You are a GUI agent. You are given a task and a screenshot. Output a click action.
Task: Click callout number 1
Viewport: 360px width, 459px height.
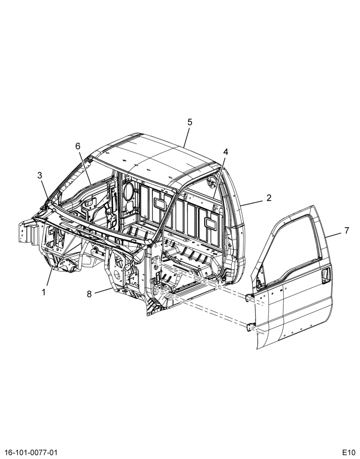(x=44, y=292)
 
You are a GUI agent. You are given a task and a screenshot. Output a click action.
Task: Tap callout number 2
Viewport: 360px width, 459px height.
(x=269, y=198)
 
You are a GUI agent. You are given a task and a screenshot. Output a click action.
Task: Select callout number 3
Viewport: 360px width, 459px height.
(x=40, y=175)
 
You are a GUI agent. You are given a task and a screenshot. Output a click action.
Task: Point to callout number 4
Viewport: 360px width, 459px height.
(x=225, y=151)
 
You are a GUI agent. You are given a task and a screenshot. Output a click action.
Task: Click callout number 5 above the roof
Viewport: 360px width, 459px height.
(x=190, y=123)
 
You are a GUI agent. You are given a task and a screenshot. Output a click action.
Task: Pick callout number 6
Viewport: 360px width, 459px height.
(x=78, y=146)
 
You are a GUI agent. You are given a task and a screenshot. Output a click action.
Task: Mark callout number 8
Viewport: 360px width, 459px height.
(x=90, y=294)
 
